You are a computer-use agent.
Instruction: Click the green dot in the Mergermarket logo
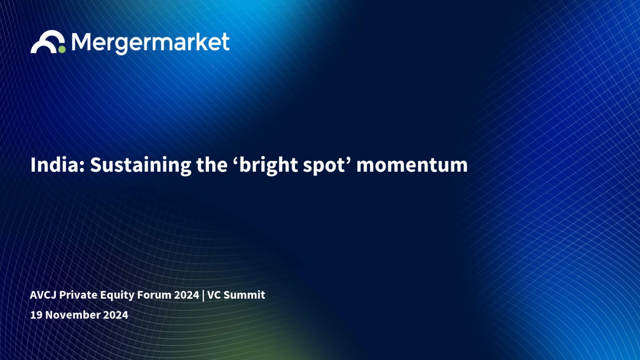62,50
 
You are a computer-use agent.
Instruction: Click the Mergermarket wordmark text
150,43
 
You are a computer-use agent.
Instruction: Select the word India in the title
58,165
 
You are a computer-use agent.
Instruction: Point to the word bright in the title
268,166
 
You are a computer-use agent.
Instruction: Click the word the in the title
212,165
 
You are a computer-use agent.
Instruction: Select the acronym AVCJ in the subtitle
43,295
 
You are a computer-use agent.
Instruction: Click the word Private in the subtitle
78,295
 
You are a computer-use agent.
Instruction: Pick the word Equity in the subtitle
117,295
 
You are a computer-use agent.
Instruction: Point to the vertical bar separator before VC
203,295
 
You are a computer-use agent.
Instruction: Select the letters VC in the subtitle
214,295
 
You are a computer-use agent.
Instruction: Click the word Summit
244,295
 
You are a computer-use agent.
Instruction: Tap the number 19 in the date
36,315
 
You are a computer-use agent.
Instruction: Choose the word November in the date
73,315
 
